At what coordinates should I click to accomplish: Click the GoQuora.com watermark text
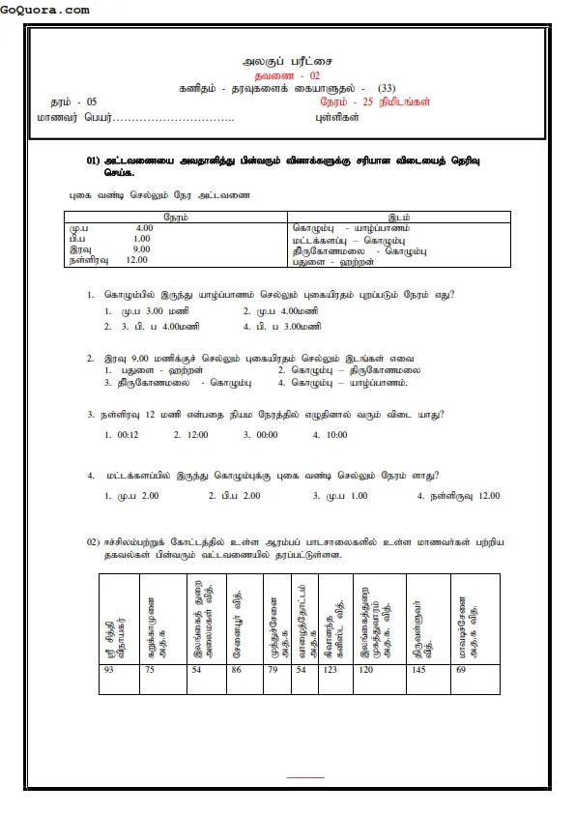45,10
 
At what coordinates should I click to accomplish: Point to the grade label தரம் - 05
73,102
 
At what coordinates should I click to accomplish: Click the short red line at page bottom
305,776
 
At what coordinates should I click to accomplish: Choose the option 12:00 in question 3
196,434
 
